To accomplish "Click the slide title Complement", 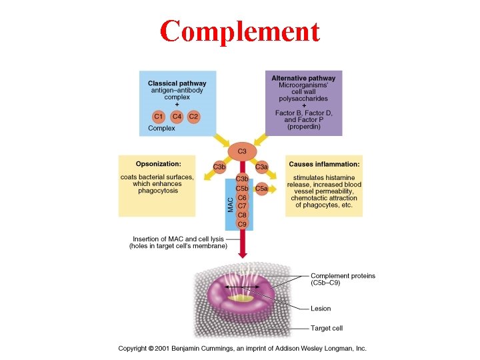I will click(x=240, y=31).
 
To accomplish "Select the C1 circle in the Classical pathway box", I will click(x=160, y=116).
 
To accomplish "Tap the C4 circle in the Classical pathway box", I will click(x=177, y=116).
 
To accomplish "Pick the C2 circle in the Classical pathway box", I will click(x=193, y=116).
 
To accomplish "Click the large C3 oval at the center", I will click(x=242, y=152).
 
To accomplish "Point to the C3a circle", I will click(x=262, y=167).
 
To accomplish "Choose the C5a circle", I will click(x=262, y=189).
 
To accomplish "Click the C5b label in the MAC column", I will click(x=242, y=189).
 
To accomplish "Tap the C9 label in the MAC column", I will click(x=242, y=224).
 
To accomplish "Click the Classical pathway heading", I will click(x=177, y=83).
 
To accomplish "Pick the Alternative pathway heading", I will click(x=303, y=79).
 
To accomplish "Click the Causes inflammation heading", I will click(x=324, y=164).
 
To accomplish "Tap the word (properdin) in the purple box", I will click(x=303, y=127).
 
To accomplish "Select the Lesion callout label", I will click(x=321, y=309).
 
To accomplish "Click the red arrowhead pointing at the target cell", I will click(x=242, y=255).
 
